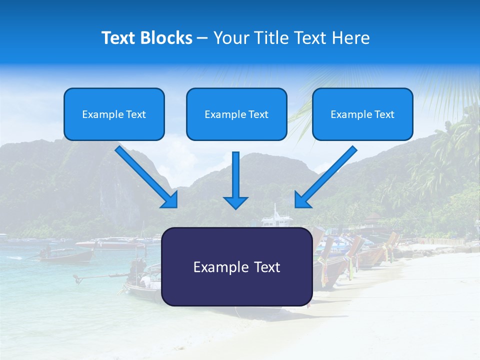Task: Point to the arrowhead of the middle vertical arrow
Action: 235,202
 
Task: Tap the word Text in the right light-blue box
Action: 384,114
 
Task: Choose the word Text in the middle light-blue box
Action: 258,114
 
